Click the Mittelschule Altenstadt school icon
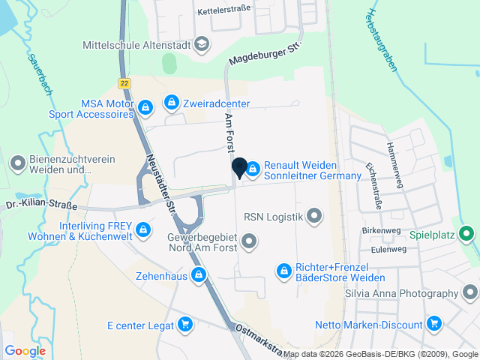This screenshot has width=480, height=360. (x=201, y=45)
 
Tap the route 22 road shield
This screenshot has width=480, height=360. (x=124, y=82)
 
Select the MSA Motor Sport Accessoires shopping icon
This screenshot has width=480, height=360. (x=146, y=108)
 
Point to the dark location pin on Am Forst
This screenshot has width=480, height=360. (x=240, y=168)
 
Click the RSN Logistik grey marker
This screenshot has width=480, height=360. (x=314, y=217)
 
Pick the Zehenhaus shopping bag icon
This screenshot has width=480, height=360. (x=198, y=275)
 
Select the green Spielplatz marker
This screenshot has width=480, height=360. (x=466, y=234)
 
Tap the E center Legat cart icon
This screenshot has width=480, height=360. (x=185, y=325)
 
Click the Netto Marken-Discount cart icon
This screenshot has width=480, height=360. (x=433, y=324)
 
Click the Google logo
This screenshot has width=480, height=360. (x=25, y=350)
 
